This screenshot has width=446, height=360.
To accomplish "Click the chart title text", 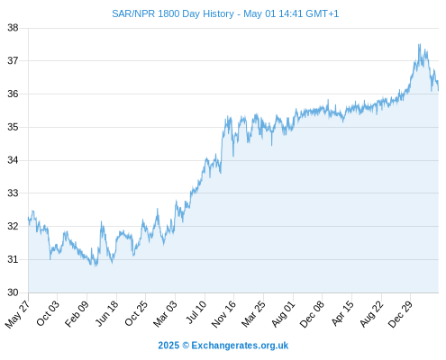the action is [x=225, y=13].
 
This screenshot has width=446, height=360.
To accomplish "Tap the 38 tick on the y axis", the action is [x=13, y=28].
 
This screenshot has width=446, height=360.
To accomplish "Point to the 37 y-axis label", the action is [x=13, y=61].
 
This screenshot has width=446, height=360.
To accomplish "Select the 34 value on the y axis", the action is [x=13, y=160].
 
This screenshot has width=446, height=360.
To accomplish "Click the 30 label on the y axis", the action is [x=13, y=292].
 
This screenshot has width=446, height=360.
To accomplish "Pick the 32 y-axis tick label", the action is [x=13, y=226].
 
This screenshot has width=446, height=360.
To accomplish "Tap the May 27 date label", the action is [x=17, y=314].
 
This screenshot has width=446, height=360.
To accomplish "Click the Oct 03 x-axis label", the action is [x=48, y=313].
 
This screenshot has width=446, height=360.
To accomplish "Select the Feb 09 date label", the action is [x=77, y=313].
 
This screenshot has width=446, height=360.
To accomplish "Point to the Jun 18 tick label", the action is [x=106, y=313].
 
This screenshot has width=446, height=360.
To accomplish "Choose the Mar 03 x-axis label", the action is [x=165, y=314].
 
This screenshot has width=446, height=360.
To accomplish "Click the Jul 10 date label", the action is [x=196, y=312].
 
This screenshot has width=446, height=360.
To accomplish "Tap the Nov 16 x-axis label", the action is [x=223, y=314].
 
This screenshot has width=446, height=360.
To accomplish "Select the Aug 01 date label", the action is [x=283, y=314].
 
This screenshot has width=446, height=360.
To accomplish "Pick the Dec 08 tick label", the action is [x=312, y=314].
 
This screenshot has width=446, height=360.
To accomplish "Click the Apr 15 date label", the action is [x=342, y=313].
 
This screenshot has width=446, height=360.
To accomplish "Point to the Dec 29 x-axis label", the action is [x=400, y=314].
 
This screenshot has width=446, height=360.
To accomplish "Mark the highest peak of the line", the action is [x=419, y=44].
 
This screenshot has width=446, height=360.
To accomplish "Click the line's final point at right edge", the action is [x=439, y=90].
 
